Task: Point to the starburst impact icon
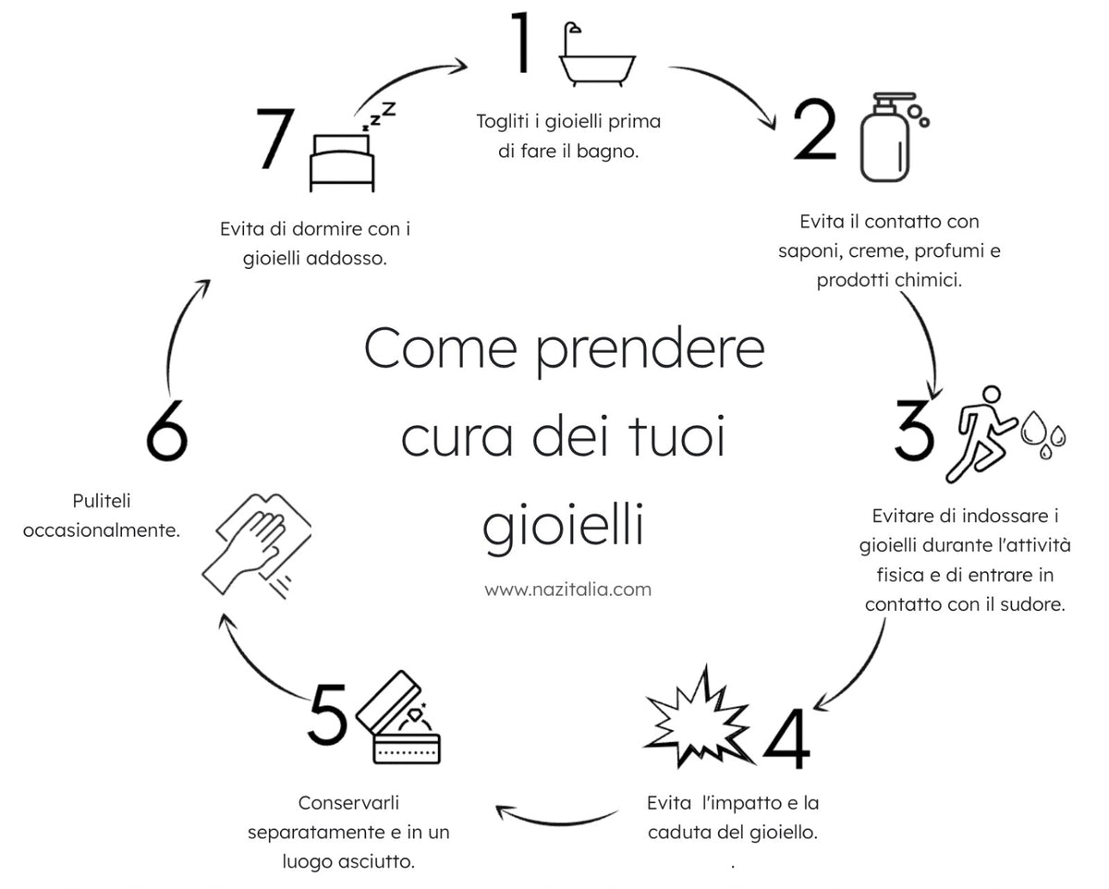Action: [699, 719]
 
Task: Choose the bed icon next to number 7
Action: [342, 163]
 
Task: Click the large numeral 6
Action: [167, 431]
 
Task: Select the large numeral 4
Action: [786, 738]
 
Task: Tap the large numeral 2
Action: [815, 128]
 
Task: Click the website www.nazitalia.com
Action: [567, 589]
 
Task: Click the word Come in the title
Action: [440, 349]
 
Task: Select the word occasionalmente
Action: [102, 530]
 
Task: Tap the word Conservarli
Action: [348, 803]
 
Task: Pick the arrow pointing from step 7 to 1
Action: [408, 78]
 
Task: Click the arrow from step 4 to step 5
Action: [556, 817]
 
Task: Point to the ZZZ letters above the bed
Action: [379, 116]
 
